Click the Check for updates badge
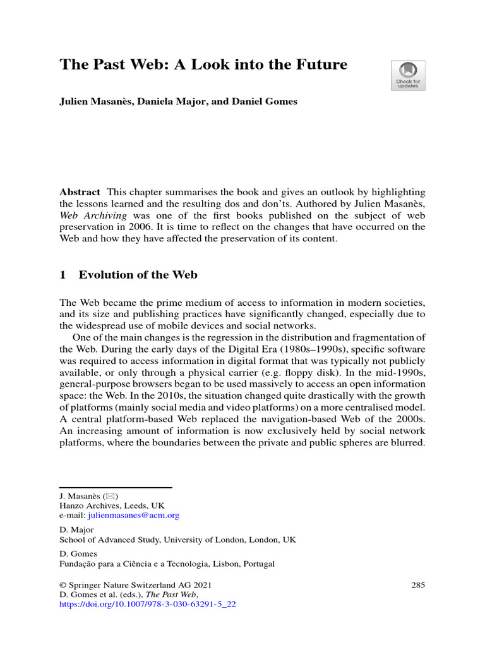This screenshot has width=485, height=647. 408,76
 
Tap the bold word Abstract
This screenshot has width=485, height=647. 80,192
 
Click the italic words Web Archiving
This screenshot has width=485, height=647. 89,215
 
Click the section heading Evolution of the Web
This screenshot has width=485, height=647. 138,275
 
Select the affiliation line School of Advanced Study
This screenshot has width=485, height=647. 177,540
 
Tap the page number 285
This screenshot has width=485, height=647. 418,585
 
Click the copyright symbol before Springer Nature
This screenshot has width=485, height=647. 63,585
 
